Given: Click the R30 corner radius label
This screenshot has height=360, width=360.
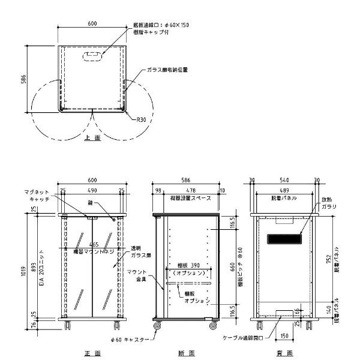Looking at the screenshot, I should point(141,119).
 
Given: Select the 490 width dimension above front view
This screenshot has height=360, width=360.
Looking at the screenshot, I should point(92,190).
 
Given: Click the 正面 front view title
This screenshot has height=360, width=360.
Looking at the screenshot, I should point(92,353).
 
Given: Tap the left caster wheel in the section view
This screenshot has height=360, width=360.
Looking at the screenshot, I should point(158,326).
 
